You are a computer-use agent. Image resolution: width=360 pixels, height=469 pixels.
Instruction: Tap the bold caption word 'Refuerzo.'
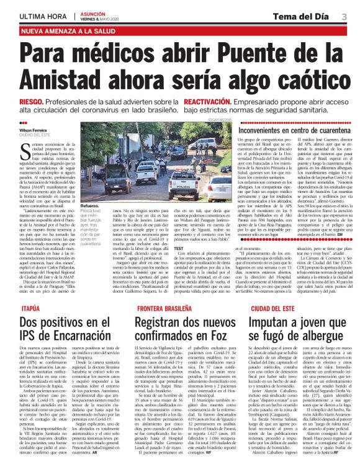[x=72, y=204]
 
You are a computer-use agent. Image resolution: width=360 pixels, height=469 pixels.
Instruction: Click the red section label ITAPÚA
[x=13, y=307]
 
